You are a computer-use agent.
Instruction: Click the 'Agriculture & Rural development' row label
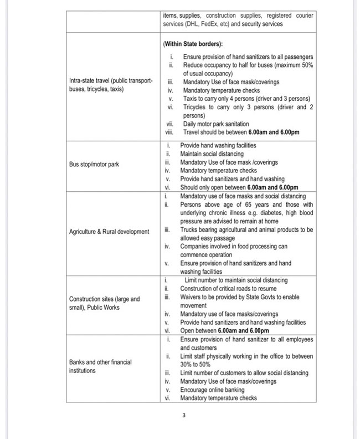tap(109, 231)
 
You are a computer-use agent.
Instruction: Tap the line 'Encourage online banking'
tap(213, 390)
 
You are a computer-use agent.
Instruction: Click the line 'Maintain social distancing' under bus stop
tap(212, 154)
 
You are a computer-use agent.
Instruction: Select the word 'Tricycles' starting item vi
tap(194, 107)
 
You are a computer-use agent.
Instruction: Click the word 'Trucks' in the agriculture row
tap(189, 229)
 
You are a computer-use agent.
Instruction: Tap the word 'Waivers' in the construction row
tap(192, 297)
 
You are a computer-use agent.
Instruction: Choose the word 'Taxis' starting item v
tap(189, 99)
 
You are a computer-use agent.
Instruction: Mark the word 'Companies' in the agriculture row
tap(194, 246)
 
